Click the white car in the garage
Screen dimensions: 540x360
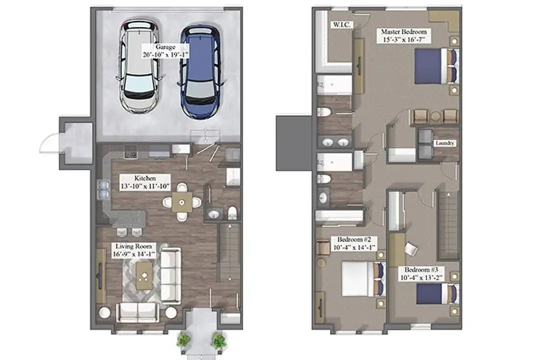[139, 67]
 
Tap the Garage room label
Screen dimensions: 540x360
[165, 50]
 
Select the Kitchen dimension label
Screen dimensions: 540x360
[145, 186]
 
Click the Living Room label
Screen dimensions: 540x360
[133, 246]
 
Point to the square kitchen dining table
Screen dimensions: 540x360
[182, 202]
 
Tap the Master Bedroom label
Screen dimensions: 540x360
[404, 31]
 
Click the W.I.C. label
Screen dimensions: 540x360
[341, 25]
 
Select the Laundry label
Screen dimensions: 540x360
[445, 143]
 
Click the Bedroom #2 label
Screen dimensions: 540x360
[353, 239]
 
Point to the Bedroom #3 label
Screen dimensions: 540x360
[423, 269]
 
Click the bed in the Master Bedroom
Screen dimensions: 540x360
[436, 66]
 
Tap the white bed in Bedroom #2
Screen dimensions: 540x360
[363, 279]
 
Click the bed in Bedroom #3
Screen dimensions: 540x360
[437, 294]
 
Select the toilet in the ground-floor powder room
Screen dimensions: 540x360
[232, 213]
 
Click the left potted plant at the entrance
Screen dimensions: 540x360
[183, 340]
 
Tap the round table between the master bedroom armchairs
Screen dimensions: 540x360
[435, 116]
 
